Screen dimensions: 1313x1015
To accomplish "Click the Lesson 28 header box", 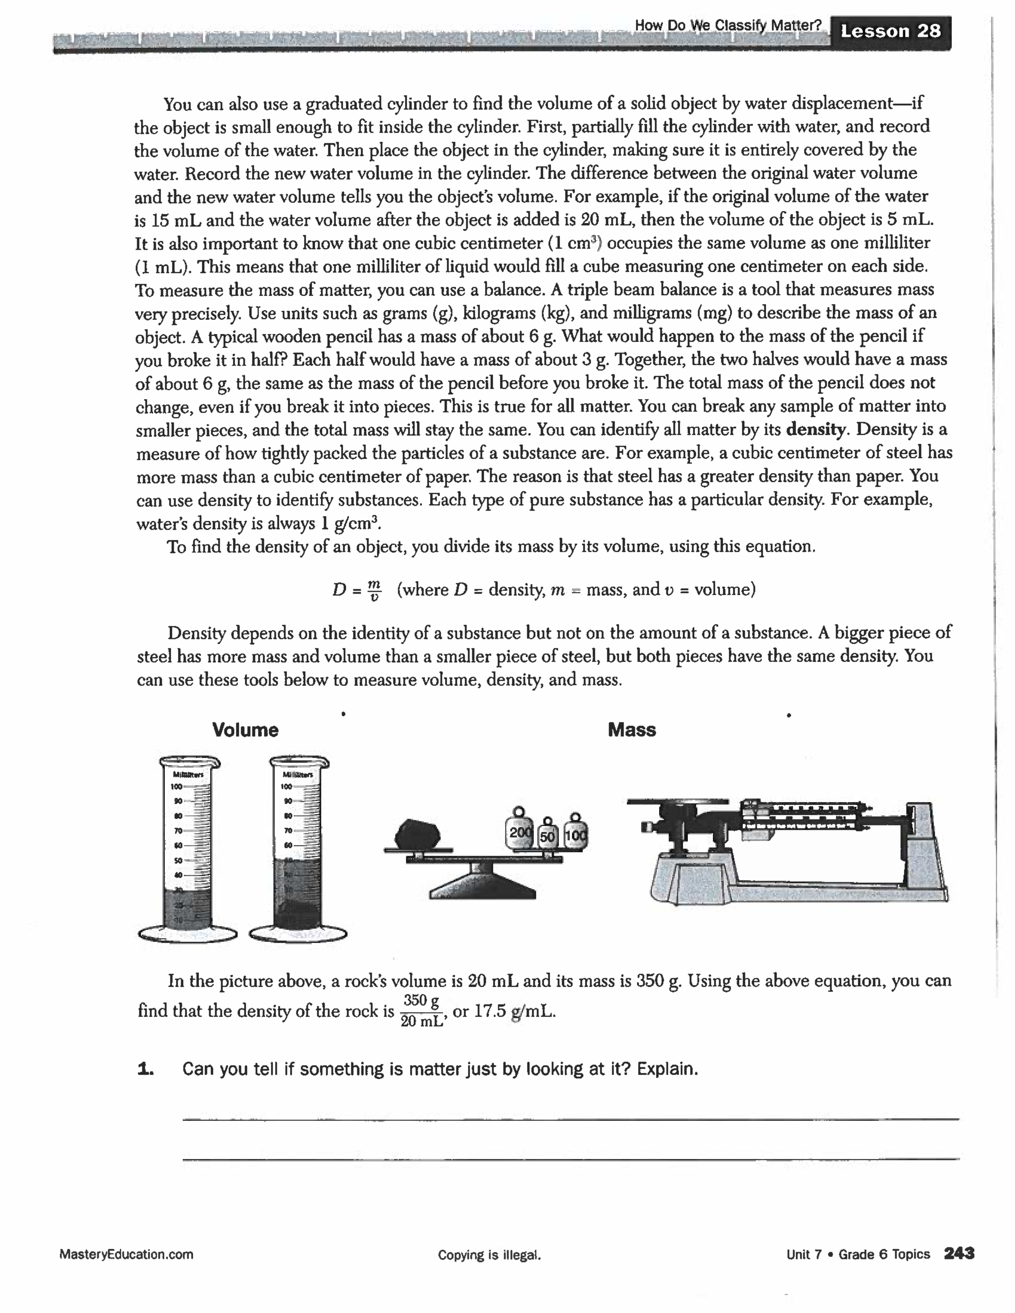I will (x=890, y=31).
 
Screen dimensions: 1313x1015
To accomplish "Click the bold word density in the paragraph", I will (x=816, y=429).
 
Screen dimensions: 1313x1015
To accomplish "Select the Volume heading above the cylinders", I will (x=245, y=730).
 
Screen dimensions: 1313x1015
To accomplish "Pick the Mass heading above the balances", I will (x=631, y=730).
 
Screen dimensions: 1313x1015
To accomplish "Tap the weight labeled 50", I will (x=547, y=836).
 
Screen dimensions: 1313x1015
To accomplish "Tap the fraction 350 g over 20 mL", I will (x=421, y=1011).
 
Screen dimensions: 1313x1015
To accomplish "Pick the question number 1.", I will (x=146, y=1069).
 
